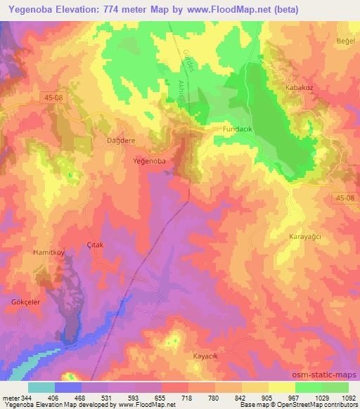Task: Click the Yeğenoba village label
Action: click(150, 161)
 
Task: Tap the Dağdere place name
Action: click(101, 141)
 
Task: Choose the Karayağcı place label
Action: click(305, 238)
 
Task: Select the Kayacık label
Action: click(208, 356)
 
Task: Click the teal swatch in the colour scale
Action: click(41, 387)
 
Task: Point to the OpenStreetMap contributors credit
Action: click(316, 405)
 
